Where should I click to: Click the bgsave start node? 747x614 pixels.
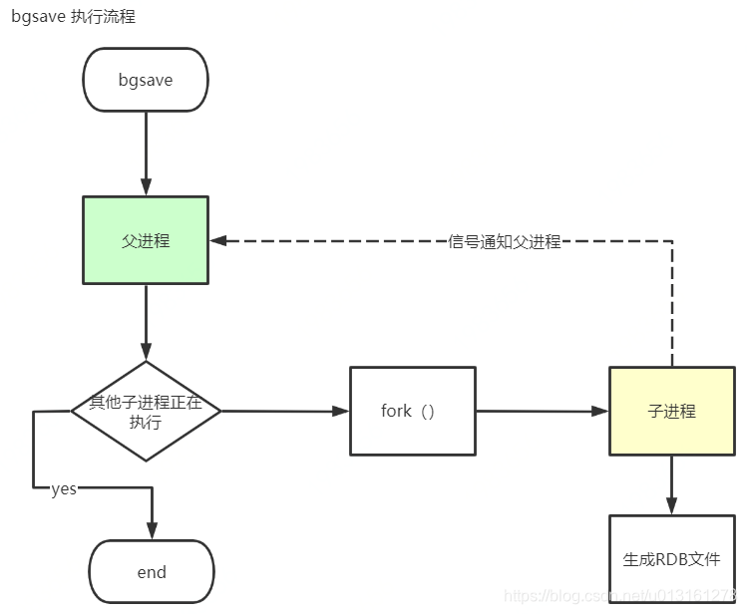(146, 80)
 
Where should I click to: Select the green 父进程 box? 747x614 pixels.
(146, 240)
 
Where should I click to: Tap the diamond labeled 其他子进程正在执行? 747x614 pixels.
(146, 411)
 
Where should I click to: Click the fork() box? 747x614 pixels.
(412, 411)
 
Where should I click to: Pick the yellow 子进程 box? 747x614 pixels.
(671, 411)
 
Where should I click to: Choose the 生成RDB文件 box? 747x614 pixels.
(671, 559)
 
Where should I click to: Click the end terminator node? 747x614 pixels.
(152, 572)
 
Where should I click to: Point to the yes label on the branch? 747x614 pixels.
(64, 488)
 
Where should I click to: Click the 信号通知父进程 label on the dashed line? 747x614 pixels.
(505, 241)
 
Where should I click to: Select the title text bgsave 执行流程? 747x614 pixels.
(73, 17)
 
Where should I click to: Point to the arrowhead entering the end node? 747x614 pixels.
(152, 530)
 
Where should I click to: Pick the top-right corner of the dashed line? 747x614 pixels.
(671, 241)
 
